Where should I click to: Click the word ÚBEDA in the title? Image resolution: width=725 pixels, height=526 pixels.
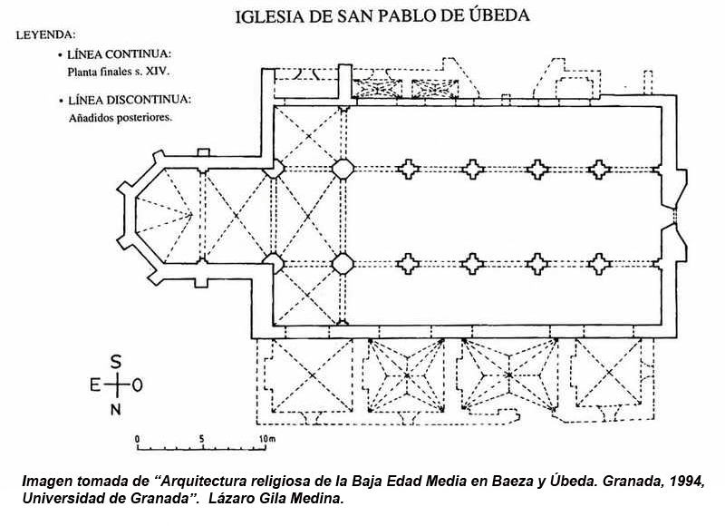click(x=491, y=15)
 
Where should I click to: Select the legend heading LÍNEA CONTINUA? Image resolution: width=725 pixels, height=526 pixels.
click(x=119, y=54)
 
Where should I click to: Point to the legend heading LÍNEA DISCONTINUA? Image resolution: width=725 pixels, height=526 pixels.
click(x=130, y=100)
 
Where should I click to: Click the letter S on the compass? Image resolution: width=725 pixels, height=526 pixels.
click(x=115, y=361)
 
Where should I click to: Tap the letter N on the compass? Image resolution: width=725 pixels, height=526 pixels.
click(x=115, y=410)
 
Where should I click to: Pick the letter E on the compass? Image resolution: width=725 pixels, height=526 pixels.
click(x=94, y=385)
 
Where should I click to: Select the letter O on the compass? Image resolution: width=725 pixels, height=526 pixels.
click(x=137, y=385)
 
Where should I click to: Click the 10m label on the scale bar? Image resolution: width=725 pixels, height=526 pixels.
click(x=266, y=439)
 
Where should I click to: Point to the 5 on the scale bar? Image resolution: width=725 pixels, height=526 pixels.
click(x=201, y=439)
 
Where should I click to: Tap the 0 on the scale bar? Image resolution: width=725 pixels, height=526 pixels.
click(x=138, y=439)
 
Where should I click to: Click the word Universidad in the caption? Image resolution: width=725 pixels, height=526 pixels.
click(x=61, y=497)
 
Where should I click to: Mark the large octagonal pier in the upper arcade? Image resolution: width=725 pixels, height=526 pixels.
click(x=343, y=169)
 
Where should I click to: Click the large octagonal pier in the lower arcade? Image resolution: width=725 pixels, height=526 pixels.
click(x=343, y=264)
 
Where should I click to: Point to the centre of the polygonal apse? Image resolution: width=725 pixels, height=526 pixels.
click(x=164, y=216)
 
